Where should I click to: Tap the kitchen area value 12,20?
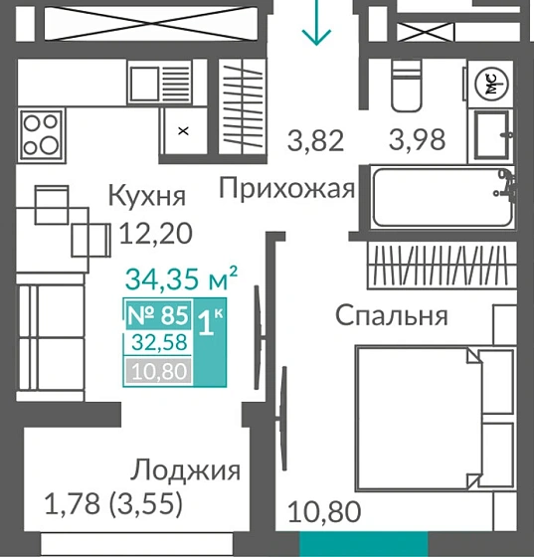[154, 234]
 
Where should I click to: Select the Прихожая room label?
[287, 188]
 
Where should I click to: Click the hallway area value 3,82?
[316, 141]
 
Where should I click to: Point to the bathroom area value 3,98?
[416, 141]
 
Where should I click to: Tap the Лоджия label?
[186, 470]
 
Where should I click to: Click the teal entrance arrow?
[316, 26]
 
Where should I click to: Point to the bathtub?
[442, 197]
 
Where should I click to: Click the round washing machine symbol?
[490, 86]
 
